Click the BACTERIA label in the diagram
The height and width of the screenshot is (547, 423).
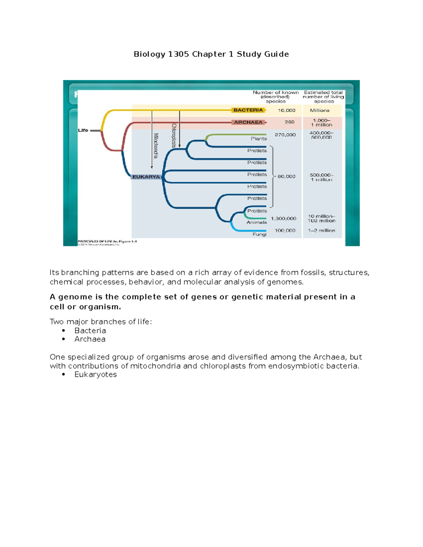point(248,110)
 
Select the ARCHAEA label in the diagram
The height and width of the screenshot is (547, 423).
point(248,122)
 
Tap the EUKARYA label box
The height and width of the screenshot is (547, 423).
point(146,177)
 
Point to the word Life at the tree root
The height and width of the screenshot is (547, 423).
point(83,130)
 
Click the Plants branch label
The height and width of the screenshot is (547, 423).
point(259,139)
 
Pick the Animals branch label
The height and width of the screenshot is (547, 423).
point(257,222)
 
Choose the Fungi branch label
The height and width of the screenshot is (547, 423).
point(259,234)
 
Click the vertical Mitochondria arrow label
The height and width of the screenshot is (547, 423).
point(155,145)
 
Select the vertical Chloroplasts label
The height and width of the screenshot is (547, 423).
point(173,135)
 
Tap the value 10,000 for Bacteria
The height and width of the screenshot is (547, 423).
point(286,110)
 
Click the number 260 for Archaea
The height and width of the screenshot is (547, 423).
point(289,122)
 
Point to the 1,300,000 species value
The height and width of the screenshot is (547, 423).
point(283,219)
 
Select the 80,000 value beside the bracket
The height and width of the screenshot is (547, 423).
point(286,176)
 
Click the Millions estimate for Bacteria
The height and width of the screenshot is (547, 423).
point(319,110)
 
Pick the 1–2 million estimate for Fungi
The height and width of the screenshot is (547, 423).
point(321,231)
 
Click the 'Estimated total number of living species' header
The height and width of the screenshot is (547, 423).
point(323,97)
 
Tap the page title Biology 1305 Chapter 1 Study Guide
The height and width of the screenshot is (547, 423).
point(211,54)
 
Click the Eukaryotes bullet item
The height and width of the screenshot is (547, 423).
point(96,374)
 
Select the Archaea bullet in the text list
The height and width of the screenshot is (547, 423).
point(90,339)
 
